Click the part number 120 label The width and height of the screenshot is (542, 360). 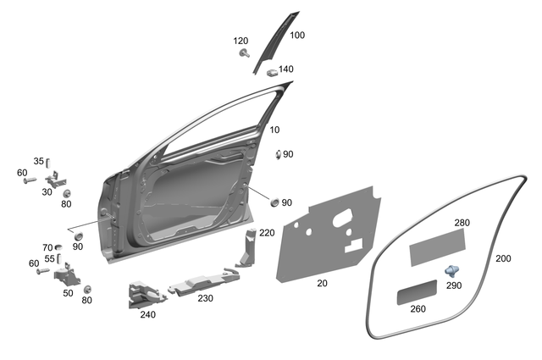click(241, 42)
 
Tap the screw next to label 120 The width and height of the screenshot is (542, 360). click(245, 54)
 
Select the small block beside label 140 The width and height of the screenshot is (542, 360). click(272, 72)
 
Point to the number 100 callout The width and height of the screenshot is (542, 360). click(297, 36)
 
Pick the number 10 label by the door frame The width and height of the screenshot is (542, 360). click(274, 130)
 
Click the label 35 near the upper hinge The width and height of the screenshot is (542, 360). click(38, 161)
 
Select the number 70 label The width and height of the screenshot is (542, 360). click(47, 247)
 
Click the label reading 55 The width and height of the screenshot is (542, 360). click(49, 259)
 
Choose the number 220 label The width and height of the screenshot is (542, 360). click(267, 232)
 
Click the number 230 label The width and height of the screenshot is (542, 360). click(205, 297)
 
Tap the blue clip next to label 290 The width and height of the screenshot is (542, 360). click(453, 270)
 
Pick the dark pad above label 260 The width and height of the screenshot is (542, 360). click(418, 292)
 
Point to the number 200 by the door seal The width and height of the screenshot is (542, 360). click(502, 258)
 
